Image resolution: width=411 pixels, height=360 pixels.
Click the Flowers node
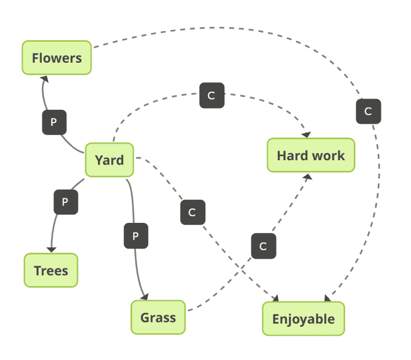57,58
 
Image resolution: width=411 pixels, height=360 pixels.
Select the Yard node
109,160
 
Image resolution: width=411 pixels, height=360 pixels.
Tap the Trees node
51,271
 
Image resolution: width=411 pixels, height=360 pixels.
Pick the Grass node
158,318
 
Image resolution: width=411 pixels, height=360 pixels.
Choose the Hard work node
310,155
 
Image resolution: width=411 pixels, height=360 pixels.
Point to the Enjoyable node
303,319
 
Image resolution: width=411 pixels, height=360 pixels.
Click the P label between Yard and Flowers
54,122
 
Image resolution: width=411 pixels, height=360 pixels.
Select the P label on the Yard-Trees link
65,202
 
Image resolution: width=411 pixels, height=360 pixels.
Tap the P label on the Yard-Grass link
135,236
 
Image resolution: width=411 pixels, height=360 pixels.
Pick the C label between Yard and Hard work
211,95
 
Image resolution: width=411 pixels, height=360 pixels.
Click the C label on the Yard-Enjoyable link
192,213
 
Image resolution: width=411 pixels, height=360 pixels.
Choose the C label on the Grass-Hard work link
263,246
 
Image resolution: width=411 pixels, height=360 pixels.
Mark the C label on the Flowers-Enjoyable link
368,111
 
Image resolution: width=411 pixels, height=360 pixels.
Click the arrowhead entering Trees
51,249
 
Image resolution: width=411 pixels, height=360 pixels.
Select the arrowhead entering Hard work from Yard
307,134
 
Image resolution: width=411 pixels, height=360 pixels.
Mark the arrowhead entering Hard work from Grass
307,177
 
